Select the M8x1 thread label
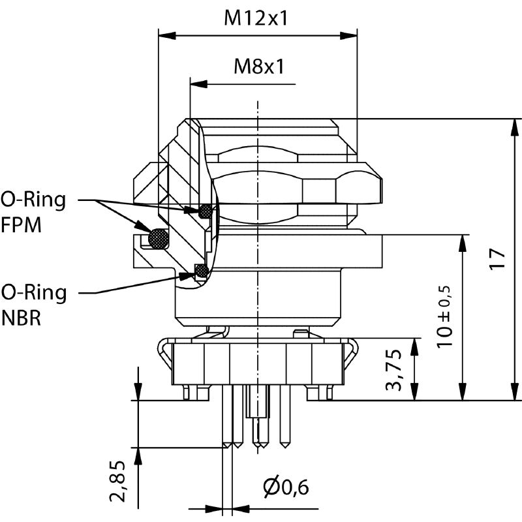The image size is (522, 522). [x=259, y=66]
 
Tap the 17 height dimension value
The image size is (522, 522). [x=498, y=259]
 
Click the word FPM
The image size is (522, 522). [x=21, y=226]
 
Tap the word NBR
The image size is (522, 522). [x=22, y=320]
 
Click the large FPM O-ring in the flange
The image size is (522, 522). [x=158, y=238]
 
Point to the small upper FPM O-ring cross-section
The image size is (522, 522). [x=206, y=211]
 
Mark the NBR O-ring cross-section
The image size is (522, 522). [x=202, y=269]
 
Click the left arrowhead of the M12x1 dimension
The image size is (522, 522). [x=165, y=35]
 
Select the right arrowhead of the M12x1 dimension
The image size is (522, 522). [x=352, y=35]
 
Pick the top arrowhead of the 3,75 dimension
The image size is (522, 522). [x=414, y=344]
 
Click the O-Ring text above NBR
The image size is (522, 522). [x=34, y=292]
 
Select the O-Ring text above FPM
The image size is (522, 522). [x=33, y=199]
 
